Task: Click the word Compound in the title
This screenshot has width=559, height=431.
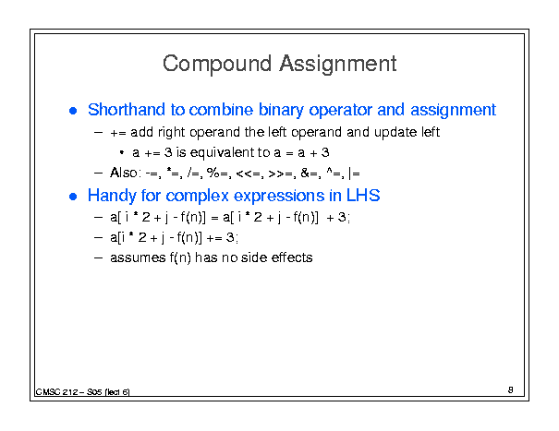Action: click(x=217, y=65)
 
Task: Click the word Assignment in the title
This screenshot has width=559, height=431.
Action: click(x=337, y=65)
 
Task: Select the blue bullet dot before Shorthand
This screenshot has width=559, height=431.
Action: click(x=73, y=111)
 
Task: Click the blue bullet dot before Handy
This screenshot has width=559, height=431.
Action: click(x=73, y=197)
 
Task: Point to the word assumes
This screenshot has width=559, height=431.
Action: click(x=138, y=257)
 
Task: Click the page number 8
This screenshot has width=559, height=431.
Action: click(x=511, y=390)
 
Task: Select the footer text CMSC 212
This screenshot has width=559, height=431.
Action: click(x=56, y=392)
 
